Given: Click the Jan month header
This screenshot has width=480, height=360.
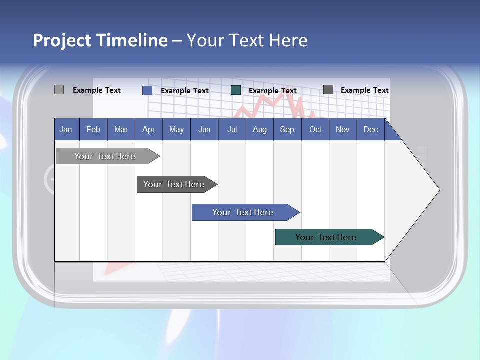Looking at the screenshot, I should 66,129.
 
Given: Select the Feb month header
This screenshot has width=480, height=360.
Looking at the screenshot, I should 93,129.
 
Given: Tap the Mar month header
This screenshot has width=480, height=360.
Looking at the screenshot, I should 121,129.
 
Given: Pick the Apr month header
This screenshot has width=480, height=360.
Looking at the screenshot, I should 149,129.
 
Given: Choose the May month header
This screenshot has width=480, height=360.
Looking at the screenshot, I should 176,129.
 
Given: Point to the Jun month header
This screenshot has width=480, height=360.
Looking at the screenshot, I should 204,129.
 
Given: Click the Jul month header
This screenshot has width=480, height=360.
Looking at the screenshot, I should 232,129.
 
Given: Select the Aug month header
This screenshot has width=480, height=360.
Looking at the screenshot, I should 260,129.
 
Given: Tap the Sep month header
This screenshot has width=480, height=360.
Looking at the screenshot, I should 287,129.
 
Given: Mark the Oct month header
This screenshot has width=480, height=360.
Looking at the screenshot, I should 315,129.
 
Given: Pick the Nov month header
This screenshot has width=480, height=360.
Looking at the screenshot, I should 343,129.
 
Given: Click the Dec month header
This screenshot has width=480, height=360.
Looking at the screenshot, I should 371,129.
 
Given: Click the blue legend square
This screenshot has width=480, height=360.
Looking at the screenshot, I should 147,90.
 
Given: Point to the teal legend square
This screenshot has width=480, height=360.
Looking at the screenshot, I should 236,90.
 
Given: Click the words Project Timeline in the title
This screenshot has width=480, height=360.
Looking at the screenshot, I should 100,40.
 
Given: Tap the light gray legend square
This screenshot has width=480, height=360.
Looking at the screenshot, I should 59,90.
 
